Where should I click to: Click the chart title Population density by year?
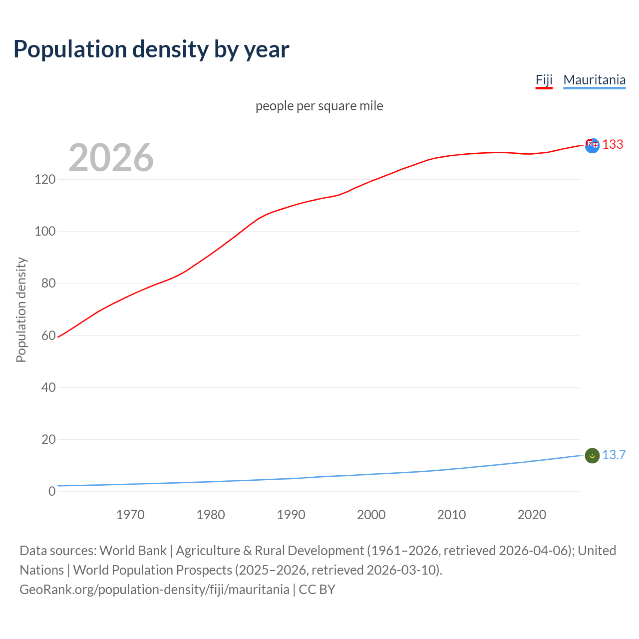pos(151,49)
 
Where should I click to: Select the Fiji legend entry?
pos(544,80)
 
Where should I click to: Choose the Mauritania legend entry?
pos(594,80)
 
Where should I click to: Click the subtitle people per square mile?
pos(319,106)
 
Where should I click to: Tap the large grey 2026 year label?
pos(111,158)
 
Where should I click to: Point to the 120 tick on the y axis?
pos(45,179)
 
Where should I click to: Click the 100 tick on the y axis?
pos(45,231)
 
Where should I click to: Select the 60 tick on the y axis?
pos(48,335)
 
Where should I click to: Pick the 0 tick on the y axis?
pos(52,491)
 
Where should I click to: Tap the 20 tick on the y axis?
pos(48,439)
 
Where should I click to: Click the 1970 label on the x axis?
pos(130,515)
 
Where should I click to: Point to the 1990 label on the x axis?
pos(291,515)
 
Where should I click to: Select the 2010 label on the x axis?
pos(451,515)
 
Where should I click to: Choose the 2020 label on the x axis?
pos(532,515)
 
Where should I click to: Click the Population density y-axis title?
pos(21,310)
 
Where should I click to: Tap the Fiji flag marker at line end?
pos(592,145)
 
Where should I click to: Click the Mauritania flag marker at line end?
pos(592,456)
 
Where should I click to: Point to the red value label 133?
pos(613,144)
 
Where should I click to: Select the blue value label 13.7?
pos(614,455)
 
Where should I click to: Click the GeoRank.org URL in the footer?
pos(154,590)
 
